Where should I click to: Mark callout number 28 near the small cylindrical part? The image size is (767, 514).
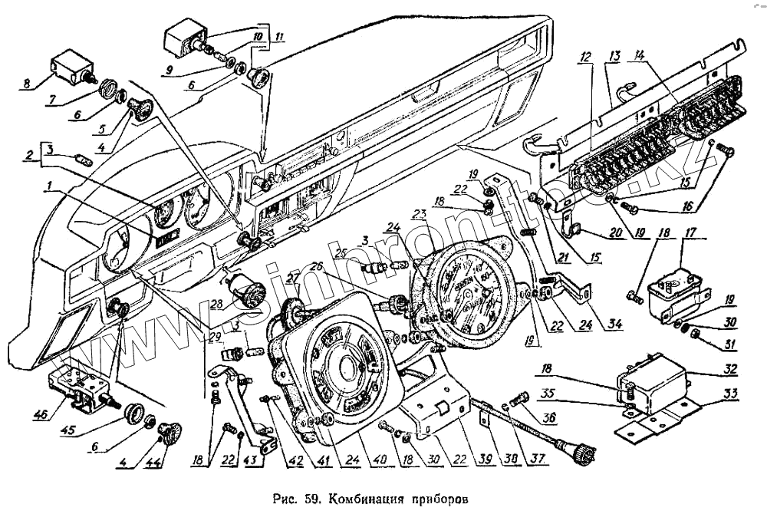point(217,306)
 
